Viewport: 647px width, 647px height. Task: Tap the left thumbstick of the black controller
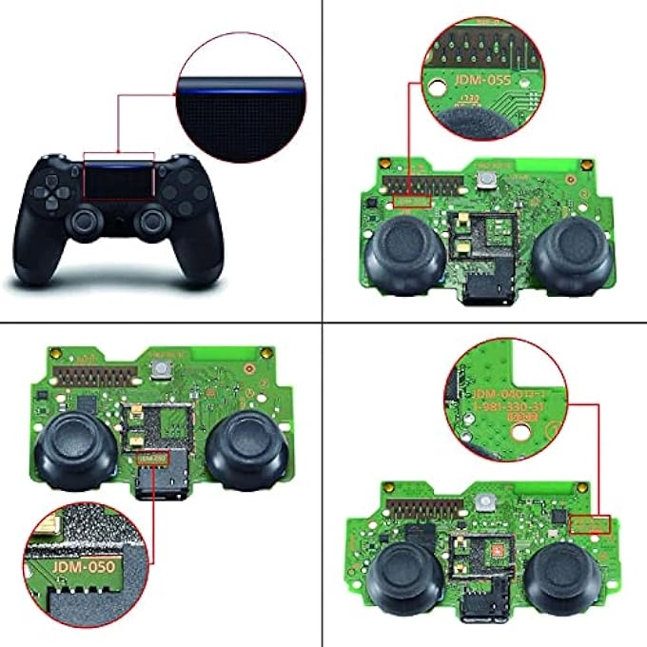pyautogui.click(x=84, y=222)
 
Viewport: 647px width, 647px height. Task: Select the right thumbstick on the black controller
pyautogui.click(x=150, y=222)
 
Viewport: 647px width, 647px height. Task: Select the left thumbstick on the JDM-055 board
pyautogui.click(x=403, y=248)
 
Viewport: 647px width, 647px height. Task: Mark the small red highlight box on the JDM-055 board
pyautogui.click(x=411, y=202)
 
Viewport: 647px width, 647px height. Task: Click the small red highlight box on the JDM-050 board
pyautogui.click(x=152, y=459)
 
